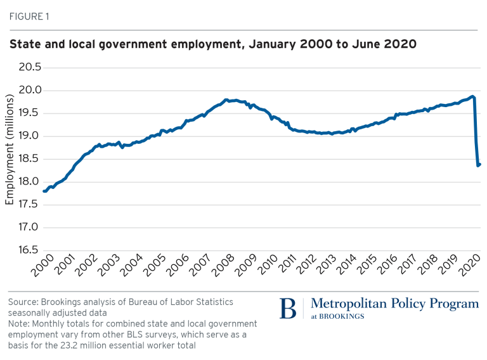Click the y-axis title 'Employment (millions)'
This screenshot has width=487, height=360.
tap(10, 151)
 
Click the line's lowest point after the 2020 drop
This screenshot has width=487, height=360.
tap(478, 165)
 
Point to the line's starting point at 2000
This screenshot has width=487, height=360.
tap(43, 191)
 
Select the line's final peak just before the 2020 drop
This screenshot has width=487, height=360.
tap(472, 96)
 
